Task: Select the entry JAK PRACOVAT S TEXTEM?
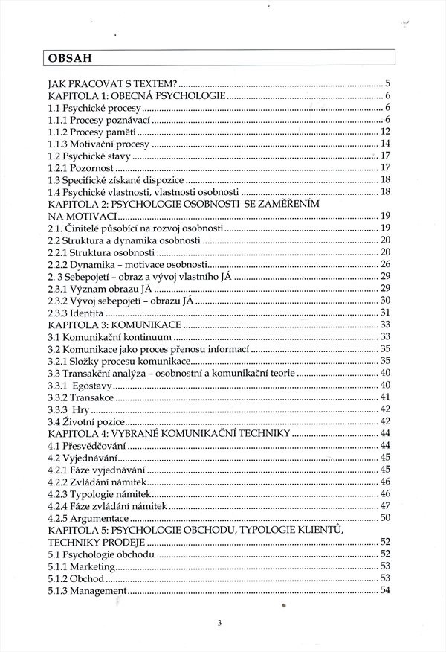pos(111,83)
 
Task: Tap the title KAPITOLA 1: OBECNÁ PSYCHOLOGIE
pos(136,96)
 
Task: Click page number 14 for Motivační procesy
pos(385,143)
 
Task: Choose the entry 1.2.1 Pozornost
pos(83,167)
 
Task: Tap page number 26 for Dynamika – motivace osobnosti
pos(385,263)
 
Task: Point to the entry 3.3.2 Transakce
pos(81,397)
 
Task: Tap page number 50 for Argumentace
pos(385,517)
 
